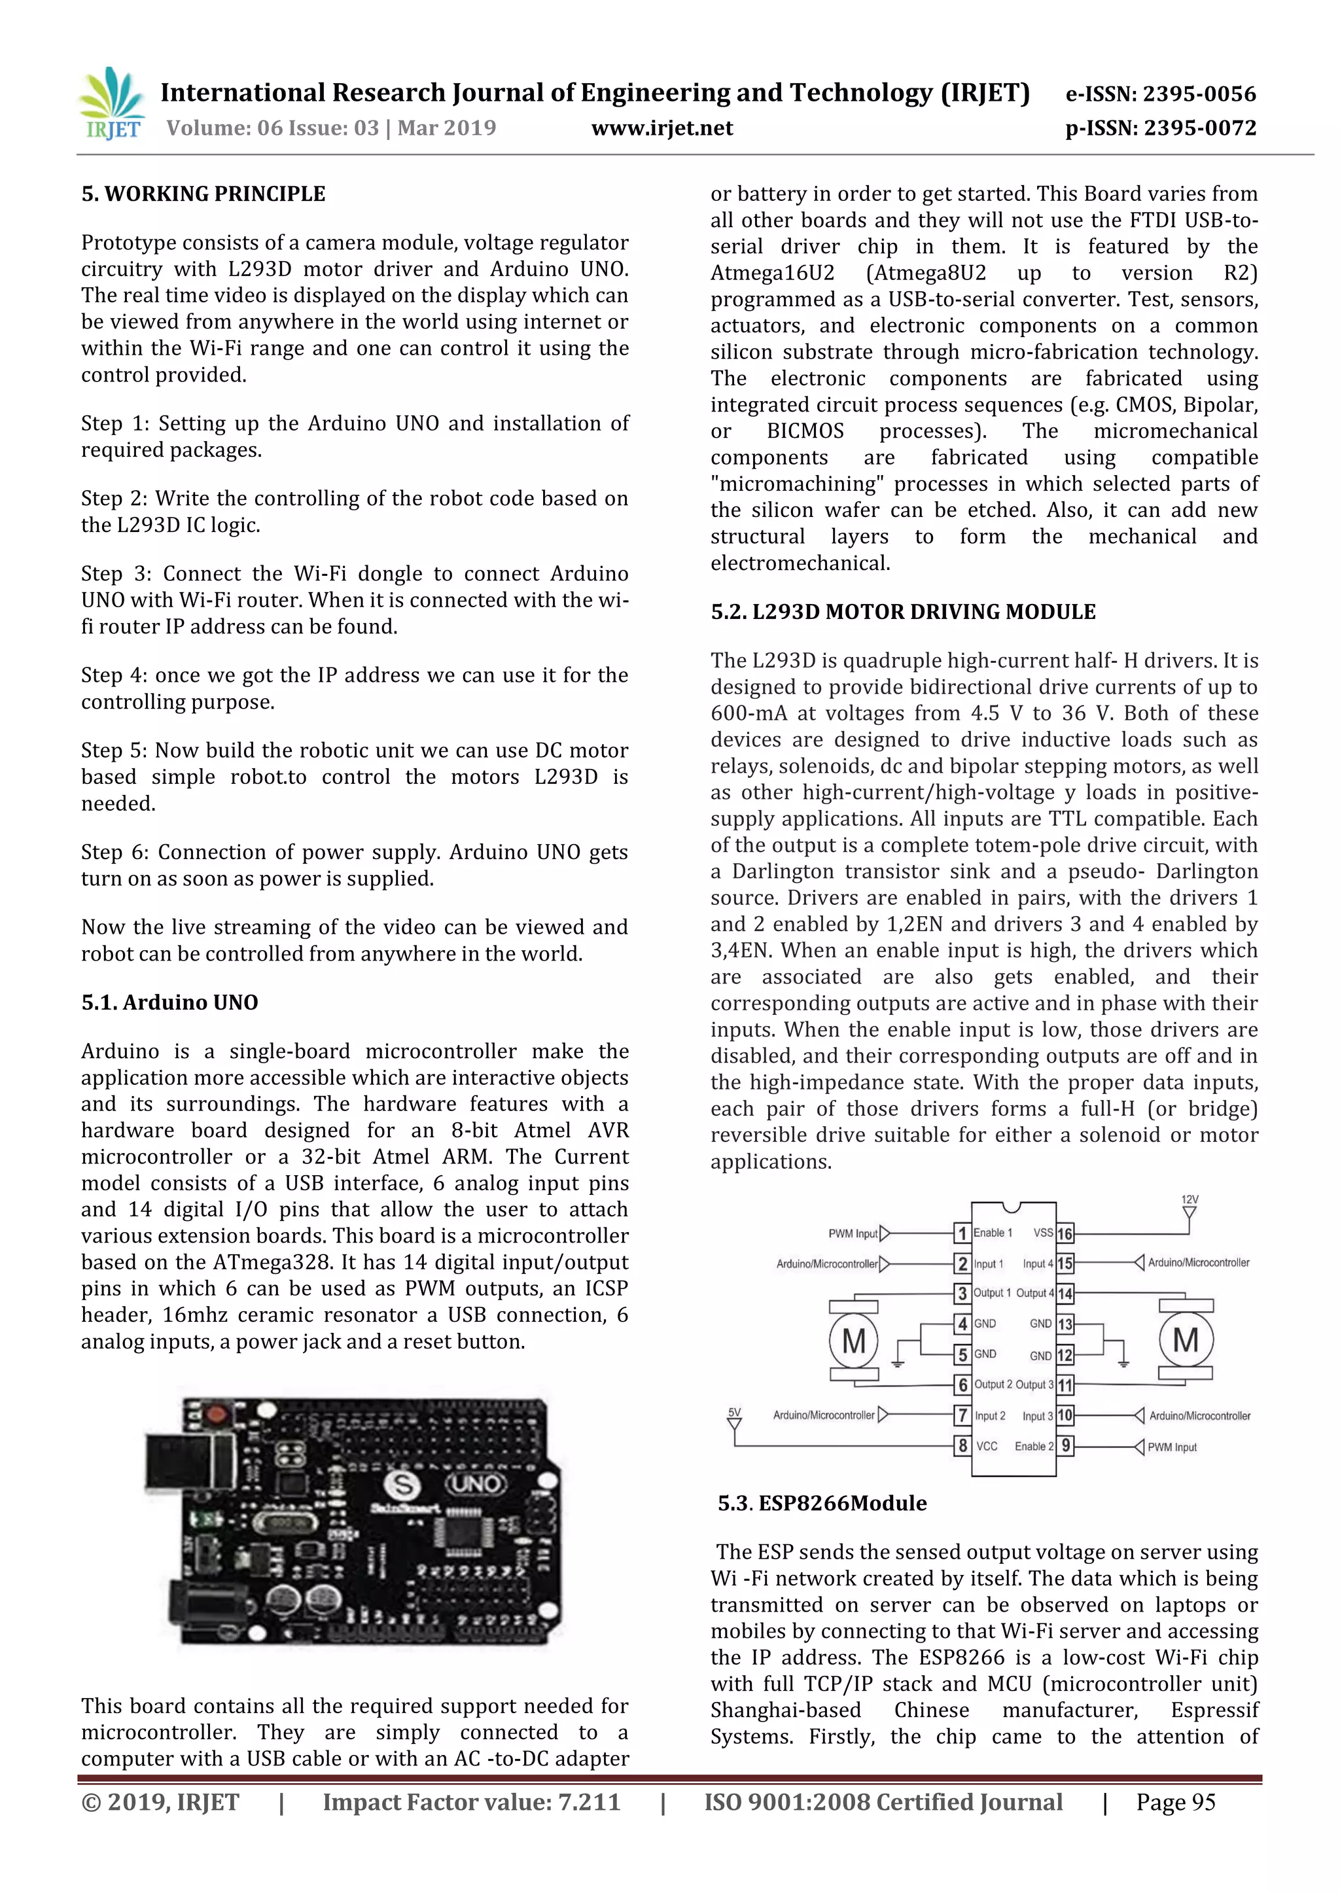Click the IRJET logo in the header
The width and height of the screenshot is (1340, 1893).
[x=111, y=105]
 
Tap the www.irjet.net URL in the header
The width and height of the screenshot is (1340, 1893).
[x=661, y=128]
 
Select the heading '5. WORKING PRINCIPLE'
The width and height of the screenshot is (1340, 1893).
[x=203, y=194]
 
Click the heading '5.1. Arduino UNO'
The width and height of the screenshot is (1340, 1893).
[x=169, y=1002]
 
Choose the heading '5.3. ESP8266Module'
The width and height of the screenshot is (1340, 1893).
[x=822, y=1502]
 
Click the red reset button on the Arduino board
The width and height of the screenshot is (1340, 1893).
[x=216, y=1416]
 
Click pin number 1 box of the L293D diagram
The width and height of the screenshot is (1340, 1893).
[x=962, y=1233]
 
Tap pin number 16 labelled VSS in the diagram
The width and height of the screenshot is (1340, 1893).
[x=1065, y=1233]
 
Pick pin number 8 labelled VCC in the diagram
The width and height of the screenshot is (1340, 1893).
[x=962, y=1445]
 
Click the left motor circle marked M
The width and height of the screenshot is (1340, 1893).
[x=853, y=1340]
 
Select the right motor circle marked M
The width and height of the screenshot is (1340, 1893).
[x=1186, y=1340]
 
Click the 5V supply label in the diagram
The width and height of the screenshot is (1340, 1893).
[x=733, y=1412]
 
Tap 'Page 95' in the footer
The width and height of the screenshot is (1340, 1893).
[x=1175, y=1802]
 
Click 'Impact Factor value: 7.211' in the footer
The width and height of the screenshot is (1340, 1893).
[x=471, y=1802]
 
